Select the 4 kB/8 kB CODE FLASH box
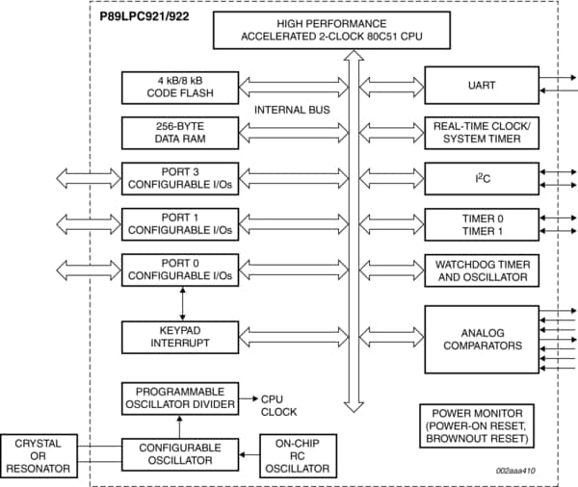[180, 87]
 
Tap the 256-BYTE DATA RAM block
[180, 132]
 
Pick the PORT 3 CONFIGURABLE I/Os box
[180, 178]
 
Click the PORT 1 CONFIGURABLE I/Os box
[180, 224]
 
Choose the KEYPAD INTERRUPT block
[180, 336]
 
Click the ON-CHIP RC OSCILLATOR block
[298, 455]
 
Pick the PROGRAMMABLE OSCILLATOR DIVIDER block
[180, 397]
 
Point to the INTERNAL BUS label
[292, 110]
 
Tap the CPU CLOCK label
[280, 404]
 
